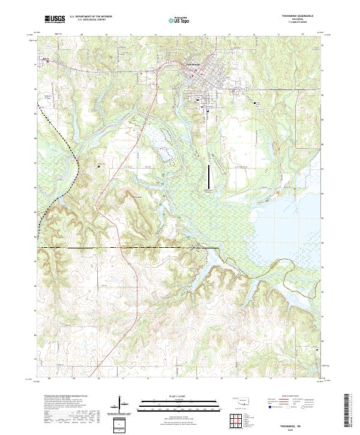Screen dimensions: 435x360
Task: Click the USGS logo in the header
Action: [55, 19]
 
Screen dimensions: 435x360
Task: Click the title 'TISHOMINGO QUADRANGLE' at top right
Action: [300, 16]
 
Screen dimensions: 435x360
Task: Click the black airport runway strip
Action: [209, 176]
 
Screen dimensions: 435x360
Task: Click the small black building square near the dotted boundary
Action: [98, 166]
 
